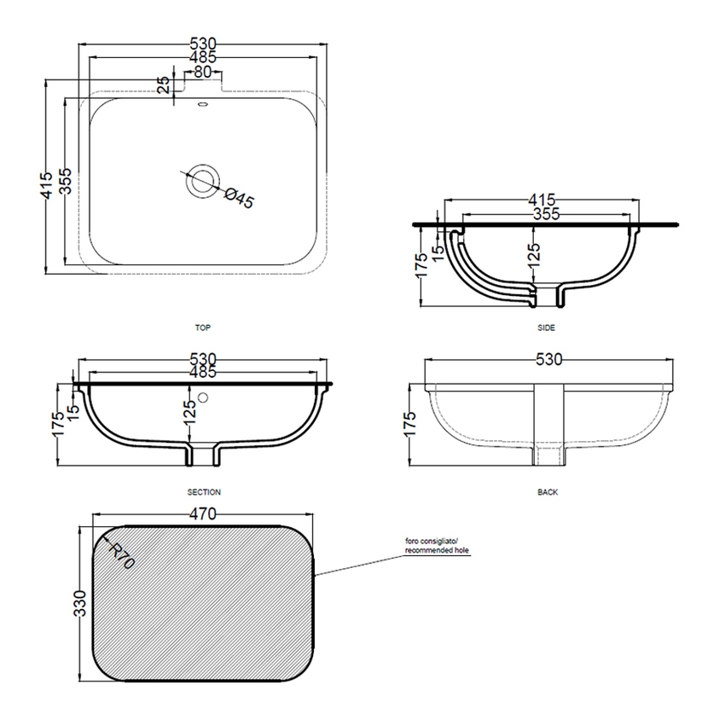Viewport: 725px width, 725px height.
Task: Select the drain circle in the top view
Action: (x=203, y=180)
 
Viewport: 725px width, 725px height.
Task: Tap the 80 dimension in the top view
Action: (x=202, y=72)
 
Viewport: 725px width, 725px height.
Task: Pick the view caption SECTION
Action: (x=203, y=492)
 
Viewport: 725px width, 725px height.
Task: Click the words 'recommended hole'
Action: (x=437, y=551)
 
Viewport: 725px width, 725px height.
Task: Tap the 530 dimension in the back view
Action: (x=549, y=360)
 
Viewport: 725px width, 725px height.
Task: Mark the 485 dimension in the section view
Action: (x=203, y=372)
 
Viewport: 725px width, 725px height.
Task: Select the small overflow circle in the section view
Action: (x=203, y=397)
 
